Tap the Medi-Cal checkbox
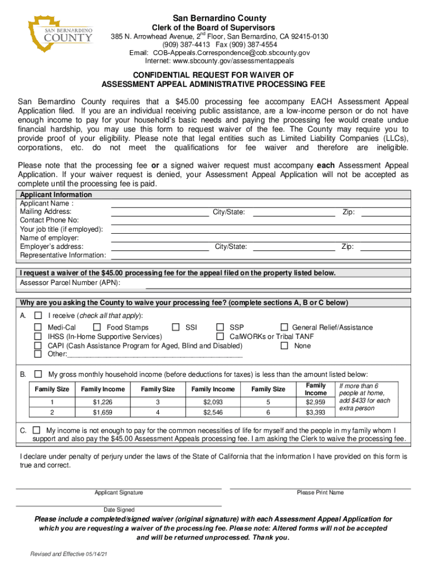pos(38,327)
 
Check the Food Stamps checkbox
pos(97,327)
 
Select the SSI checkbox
pos(176,327)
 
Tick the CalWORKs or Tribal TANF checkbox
pos(220,336)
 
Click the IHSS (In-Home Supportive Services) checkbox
pos(38,336)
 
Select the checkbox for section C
pos(37,430)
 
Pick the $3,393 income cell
pos(315,412)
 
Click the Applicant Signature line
pos(119,488)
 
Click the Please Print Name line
pos(320,488)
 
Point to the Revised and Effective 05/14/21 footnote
pos(69,554)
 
